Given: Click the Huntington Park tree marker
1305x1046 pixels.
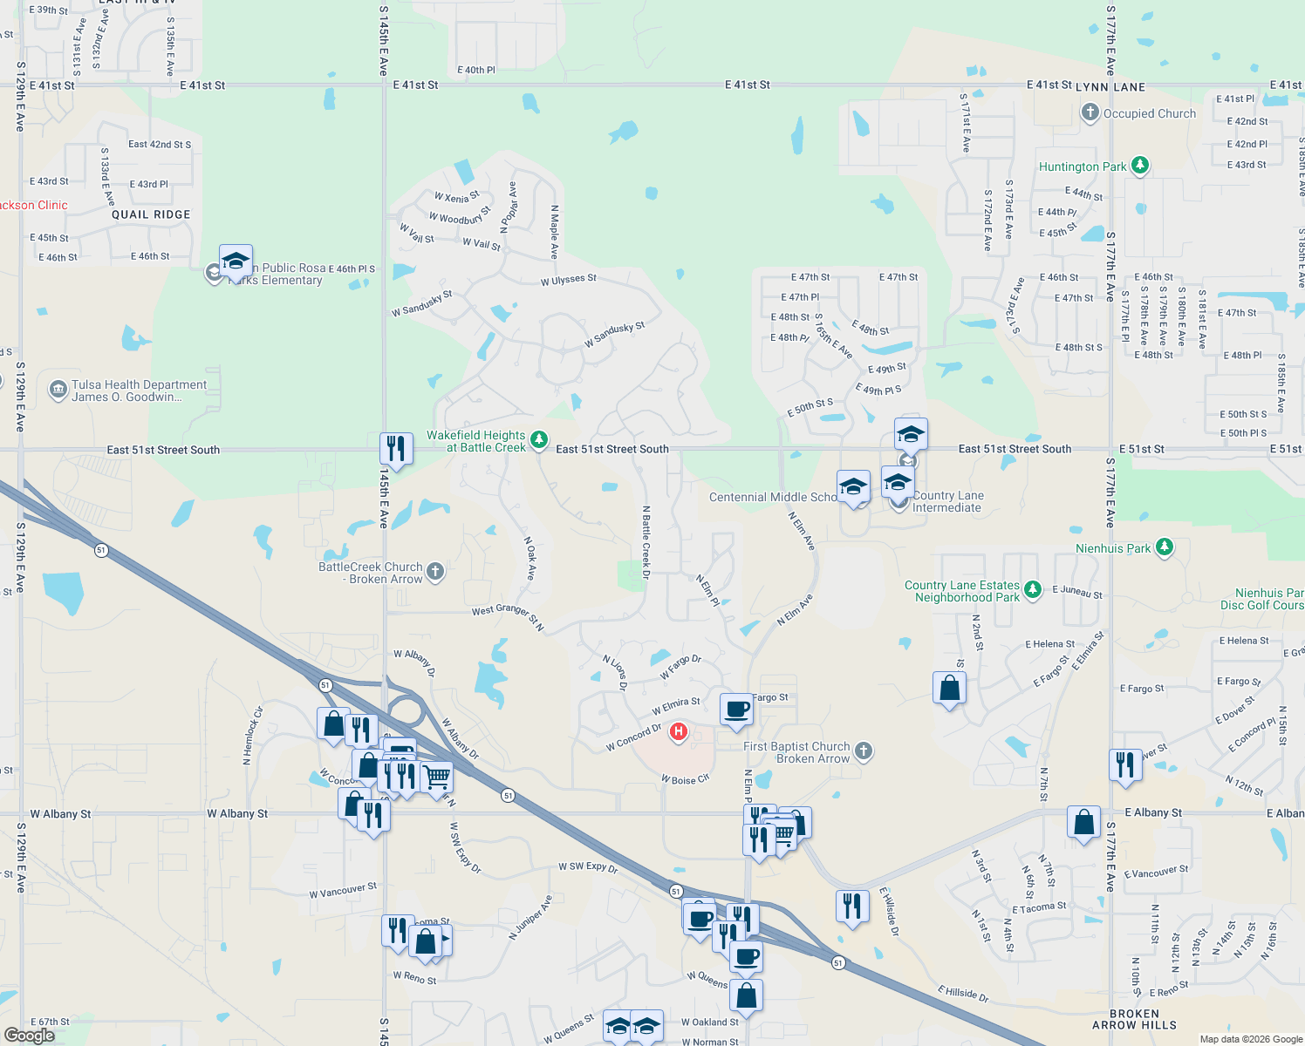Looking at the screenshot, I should pos(1139,166).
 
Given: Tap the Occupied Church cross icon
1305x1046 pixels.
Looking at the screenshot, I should pos(1090,112).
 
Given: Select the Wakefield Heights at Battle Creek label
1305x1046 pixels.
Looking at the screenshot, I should pos(476,442).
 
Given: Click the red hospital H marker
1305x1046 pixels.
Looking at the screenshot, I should pos(678,731).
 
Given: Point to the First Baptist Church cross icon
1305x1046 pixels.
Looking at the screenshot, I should pos(863,751).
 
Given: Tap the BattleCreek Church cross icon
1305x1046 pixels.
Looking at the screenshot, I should pos(435,572).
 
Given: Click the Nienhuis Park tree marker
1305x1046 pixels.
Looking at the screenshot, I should pos(1164,547).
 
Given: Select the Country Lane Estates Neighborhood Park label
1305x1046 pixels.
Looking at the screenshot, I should pos(962,591).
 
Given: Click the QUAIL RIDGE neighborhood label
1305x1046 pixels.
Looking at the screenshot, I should pos(151,214).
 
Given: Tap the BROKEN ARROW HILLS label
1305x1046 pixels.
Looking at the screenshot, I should pos(1134,1020).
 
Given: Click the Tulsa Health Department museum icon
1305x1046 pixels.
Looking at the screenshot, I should pos(58,390).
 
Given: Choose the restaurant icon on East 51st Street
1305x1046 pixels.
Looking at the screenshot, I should pos(396,449).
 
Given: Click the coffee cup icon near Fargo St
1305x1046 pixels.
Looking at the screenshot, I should pos(736,709).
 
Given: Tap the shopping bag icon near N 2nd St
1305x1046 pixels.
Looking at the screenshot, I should pos(950,688).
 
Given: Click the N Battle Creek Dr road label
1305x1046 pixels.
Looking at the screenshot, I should pos(646,542).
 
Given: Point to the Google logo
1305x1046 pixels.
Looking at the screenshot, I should pos(30,1035).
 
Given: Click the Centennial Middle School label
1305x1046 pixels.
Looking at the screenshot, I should pos(773,497).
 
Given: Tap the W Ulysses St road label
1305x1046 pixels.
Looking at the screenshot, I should pos(568,280).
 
